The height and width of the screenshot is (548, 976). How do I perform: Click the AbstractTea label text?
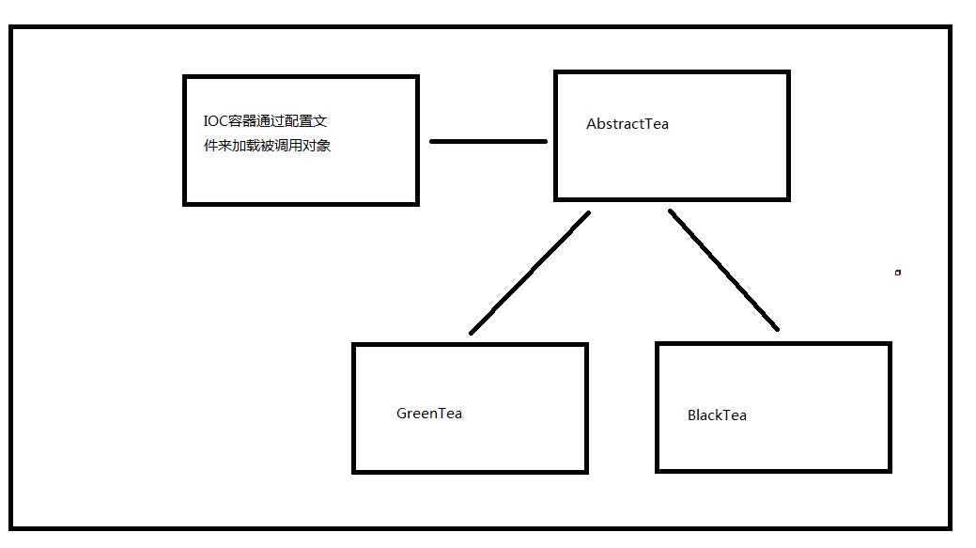point(627,124)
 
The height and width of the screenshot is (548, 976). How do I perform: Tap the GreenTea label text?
point(429,414)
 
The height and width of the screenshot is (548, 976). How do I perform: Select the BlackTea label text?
point(717,415)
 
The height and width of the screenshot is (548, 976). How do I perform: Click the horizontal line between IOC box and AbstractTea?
point(488,141)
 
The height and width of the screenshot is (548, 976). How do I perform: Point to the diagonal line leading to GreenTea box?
point(530,273)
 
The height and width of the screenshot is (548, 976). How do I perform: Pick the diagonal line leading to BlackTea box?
point(723,271)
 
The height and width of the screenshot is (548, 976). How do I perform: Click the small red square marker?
point(898,273)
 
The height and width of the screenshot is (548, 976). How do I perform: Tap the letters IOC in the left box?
point(215,121)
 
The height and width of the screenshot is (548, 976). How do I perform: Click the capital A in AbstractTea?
point(591,124)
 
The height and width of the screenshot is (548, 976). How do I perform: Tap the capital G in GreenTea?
point(402,414)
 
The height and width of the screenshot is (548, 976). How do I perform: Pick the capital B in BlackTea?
point(692,415)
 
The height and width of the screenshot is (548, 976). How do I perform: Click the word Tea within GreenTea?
point(450,414)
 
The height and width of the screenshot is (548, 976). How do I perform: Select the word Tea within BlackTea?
point(736,415)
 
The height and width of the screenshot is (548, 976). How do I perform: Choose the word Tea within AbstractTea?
point(658,124)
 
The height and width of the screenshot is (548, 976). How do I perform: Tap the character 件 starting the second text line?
point(210,146)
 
